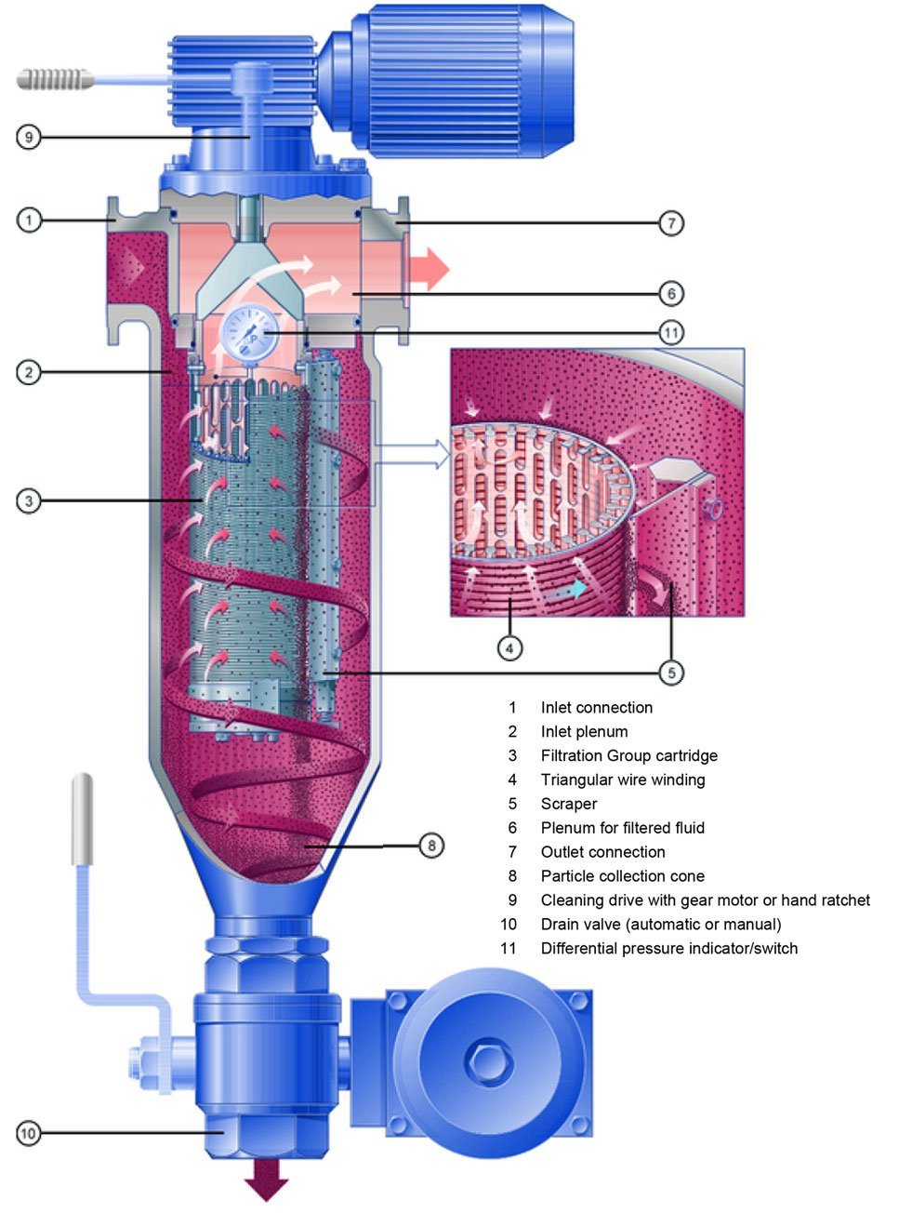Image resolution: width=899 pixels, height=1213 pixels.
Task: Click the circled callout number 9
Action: [29, 138]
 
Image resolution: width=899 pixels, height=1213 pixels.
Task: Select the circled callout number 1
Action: [29, 220]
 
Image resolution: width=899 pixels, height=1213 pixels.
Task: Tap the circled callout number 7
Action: [671, 223]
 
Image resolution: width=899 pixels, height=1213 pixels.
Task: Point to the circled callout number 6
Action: [671, 294]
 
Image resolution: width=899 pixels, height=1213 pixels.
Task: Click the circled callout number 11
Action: [671, 332]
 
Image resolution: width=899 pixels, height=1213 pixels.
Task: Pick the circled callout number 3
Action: [29, 501]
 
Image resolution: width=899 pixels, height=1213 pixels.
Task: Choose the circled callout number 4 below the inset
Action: [509, 647]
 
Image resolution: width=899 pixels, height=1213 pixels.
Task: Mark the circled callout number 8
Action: [431, 846]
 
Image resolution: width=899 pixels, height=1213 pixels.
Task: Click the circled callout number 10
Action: [29, 1133]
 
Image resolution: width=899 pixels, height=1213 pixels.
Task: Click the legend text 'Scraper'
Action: [569, 804]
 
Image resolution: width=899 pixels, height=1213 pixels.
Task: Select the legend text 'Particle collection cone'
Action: [622, 876]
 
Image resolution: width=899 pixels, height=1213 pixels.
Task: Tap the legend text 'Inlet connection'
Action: [596, 708]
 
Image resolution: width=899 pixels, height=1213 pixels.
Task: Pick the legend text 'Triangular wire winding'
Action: [622, 780]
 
